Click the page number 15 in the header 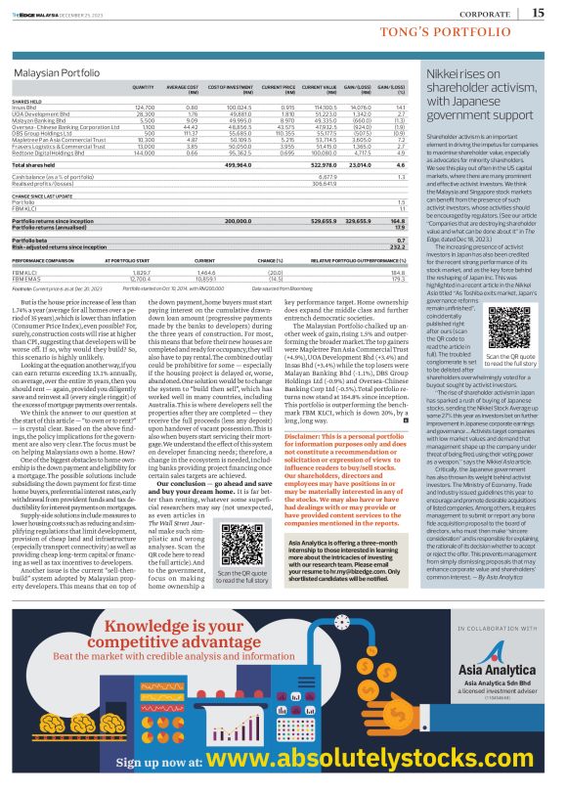(x=539, y=13)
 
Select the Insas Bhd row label (x=26, y=106)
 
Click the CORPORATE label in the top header (x=485, y=14)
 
